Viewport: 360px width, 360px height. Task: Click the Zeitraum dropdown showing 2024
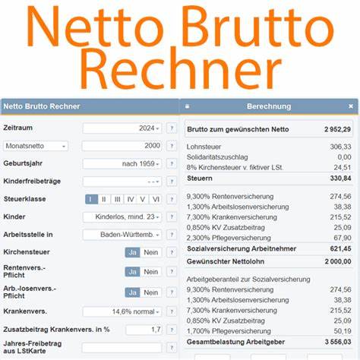122,128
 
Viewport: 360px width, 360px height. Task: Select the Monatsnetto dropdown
36,146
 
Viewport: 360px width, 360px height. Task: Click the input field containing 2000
122,146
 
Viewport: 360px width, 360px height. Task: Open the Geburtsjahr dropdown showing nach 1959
122,163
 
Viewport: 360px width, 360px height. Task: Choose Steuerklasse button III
117,199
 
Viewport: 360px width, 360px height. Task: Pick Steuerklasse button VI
156,199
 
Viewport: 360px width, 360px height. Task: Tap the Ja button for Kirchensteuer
132,253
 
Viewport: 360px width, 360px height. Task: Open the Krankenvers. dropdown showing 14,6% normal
122,311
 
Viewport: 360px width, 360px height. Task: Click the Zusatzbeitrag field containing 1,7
144,330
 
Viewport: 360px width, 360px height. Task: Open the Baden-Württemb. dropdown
122,235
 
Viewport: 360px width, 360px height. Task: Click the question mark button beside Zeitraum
172,128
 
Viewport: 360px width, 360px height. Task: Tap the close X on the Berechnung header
351,106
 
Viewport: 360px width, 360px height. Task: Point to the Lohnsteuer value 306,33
340,147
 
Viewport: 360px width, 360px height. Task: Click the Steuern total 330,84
340,178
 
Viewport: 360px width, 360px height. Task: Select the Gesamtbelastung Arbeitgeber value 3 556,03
336,343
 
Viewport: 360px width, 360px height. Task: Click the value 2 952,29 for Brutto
336,129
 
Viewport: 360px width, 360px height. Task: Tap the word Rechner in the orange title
180,70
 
